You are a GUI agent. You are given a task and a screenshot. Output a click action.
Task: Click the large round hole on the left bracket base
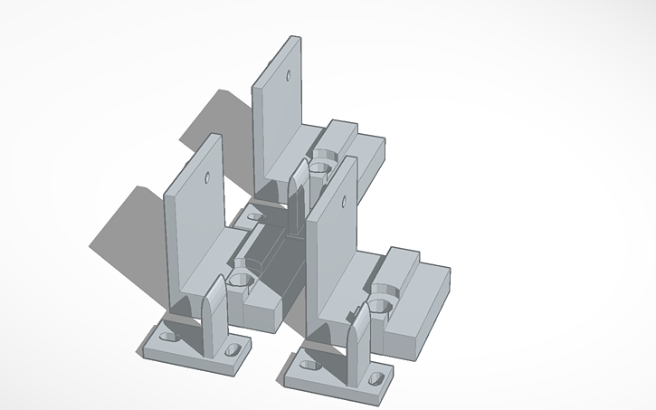point(240,279)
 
